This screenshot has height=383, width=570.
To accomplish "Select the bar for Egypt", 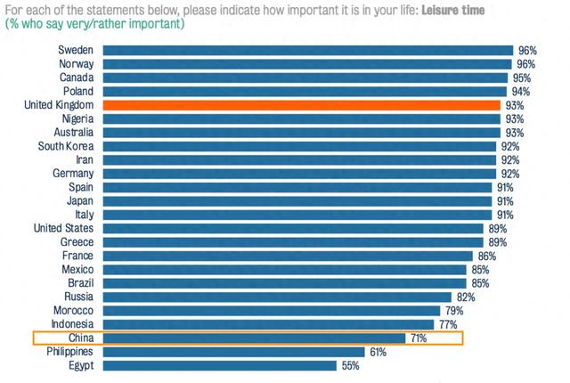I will click(x=219, y=365).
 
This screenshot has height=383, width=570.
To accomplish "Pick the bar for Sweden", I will click(x=308, y=51).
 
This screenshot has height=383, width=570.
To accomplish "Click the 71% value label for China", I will click(x=419, y=338).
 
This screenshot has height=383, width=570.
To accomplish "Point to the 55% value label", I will click(x=351, y=365).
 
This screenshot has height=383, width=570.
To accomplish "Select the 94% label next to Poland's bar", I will click(x=519, y=92).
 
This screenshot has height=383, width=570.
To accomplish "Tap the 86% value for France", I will click(x=485, y=256).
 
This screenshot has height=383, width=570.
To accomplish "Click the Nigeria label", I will click(x=74, y=118).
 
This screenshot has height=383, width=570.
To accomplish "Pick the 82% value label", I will click(x=463, y=297).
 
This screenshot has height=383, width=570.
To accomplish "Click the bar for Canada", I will click(x=305, y=77).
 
